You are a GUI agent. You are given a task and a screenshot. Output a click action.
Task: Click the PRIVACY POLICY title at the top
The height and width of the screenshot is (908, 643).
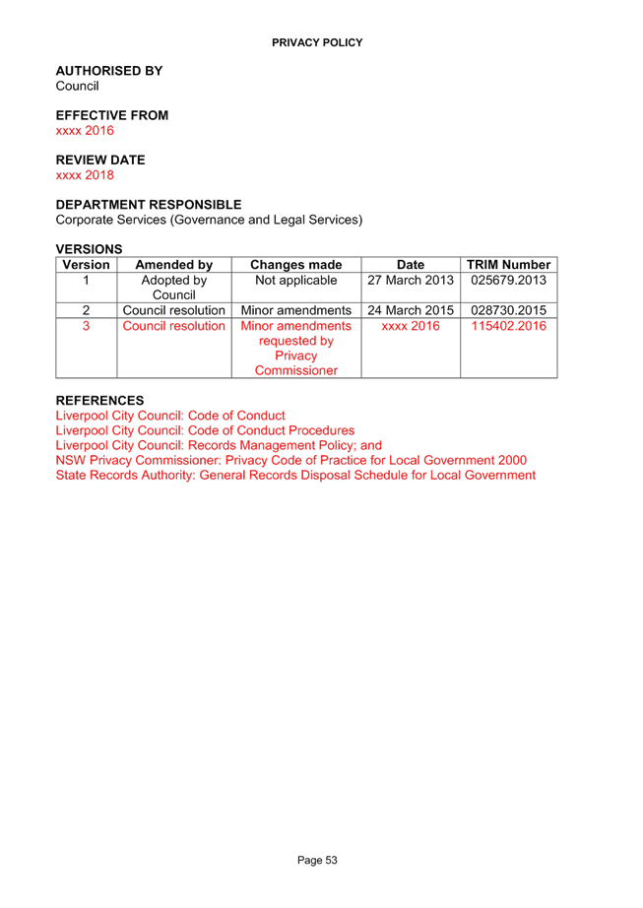317,43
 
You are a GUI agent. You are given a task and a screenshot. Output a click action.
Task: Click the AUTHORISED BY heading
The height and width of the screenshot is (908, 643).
109,71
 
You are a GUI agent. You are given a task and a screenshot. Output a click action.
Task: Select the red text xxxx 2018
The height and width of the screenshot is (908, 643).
85,175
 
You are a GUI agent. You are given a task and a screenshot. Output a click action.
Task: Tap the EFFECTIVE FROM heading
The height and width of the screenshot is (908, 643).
112,115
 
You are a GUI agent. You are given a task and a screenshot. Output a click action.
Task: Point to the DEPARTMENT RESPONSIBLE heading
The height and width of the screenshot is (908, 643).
149,205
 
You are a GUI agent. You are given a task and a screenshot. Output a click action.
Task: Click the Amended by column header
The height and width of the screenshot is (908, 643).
174,265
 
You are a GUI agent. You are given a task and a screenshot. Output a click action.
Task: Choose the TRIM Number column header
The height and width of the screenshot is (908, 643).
509,265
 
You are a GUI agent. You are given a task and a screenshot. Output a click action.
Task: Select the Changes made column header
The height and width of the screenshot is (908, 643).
296,265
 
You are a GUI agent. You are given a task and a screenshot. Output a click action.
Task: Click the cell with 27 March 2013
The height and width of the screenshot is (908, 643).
411,281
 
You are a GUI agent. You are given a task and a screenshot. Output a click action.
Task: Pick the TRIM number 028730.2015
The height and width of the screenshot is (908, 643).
509,310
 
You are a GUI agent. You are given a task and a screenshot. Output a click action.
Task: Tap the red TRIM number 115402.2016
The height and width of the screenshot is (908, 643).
509,326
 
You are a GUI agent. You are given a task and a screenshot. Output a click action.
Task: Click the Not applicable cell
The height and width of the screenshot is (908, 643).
296,281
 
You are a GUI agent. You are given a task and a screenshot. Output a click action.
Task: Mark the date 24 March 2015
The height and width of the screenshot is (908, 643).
411,310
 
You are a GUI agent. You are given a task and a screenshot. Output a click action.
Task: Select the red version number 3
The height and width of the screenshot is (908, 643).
87,326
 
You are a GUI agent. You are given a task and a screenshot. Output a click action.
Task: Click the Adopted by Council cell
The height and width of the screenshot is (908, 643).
174,288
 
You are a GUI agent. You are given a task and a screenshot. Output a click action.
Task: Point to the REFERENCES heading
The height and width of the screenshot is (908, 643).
99,401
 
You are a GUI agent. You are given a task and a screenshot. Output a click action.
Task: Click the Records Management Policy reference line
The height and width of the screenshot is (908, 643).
219,445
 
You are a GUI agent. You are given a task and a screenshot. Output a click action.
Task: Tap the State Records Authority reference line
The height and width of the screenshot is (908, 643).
295,476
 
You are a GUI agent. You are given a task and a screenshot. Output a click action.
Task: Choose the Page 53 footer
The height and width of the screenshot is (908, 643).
317,861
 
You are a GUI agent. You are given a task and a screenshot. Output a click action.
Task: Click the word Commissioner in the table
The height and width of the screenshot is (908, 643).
296,370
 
